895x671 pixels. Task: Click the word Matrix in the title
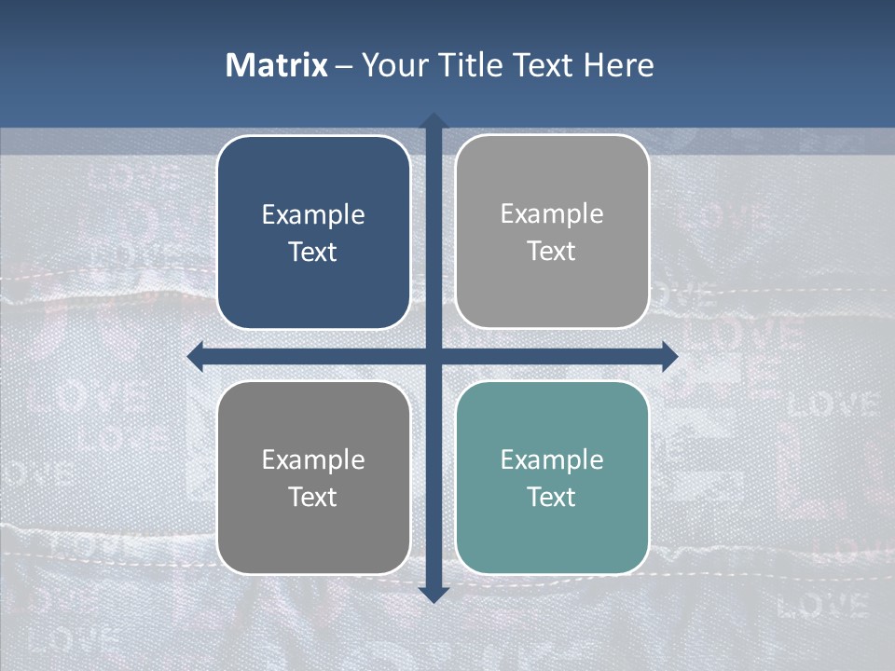[x=277, y=65]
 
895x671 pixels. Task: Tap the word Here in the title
[x=618, y=65]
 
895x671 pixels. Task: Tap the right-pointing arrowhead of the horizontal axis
[x=669, y=356]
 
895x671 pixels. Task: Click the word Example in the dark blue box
[x=313, y=215]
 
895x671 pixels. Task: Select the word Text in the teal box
[x=552, y=497]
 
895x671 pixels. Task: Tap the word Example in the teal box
[x=552, y=459]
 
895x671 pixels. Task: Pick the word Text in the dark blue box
[x=313, y=253]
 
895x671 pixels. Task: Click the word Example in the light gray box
[x=552, y=214]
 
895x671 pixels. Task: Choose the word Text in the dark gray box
[x=313, y=497]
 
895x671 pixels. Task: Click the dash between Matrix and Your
[x=344, y=66]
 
